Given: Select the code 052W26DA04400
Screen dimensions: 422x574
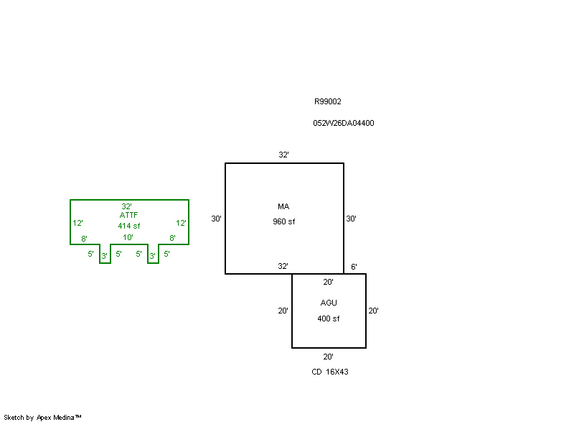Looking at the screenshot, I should (343, 123).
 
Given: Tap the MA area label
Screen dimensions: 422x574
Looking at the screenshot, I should (283, 207).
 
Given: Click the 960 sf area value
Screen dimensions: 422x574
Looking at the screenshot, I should (283, 221).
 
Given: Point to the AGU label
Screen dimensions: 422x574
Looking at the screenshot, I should (329, 303).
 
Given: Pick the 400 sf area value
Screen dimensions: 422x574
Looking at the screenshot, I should (329, 318).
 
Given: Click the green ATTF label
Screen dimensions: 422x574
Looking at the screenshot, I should (129, 215).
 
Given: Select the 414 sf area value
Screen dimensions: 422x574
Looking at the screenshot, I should (129, 226).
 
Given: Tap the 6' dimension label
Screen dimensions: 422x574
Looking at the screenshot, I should (354, 267).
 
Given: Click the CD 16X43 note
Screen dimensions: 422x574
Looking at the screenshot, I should (330, 372).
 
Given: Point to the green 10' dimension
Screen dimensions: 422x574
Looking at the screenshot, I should (128, 237).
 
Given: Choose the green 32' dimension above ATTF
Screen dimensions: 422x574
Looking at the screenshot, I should (126, 206).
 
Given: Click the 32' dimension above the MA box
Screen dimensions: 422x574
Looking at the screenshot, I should (284, 155).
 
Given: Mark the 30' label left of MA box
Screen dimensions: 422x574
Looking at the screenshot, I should (216, 219).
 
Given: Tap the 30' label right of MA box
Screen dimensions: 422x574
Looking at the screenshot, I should (352, 219).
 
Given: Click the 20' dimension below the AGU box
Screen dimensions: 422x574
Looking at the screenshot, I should (328, 357).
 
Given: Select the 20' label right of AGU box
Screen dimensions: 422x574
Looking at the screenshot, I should (373, 311).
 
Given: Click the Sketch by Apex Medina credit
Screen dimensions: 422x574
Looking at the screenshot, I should (42, 417).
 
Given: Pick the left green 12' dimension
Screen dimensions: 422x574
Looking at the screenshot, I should (77, 223).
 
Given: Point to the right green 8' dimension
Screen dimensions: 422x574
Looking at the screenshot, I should (172, 238).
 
